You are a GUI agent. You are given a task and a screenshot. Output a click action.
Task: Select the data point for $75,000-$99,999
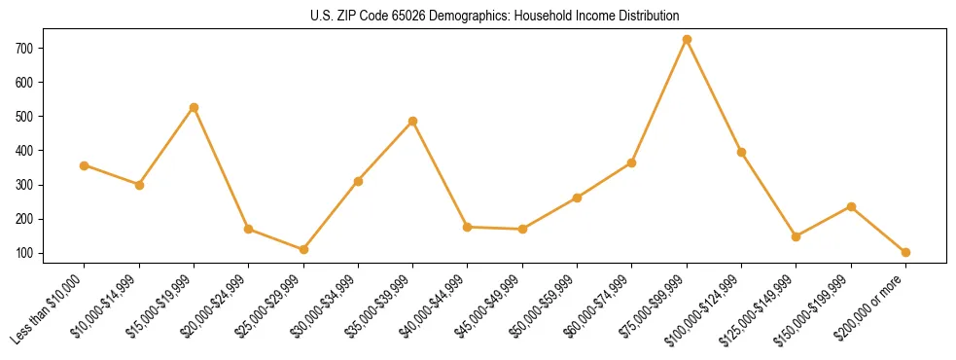(687, 40)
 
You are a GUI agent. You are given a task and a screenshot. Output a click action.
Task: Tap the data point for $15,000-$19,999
(194, 107)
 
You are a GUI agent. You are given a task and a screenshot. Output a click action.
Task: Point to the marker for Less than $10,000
(85, 165)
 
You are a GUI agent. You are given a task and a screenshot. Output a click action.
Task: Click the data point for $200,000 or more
(905, 252)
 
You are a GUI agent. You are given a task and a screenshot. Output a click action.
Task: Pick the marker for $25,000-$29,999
(303, 249)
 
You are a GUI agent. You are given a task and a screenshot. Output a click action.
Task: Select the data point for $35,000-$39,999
(412, 122)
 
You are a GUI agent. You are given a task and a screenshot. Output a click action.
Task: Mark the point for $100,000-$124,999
(741, 152)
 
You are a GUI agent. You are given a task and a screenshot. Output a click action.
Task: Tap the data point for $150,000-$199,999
(851, 206)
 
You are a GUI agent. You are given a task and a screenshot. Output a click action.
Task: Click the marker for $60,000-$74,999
(632, 162)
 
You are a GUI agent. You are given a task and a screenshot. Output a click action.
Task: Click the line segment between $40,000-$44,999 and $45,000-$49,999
(495, 228)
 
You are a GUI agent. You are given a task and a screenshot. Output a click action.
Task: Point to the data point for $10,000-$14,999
(139, 185)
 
